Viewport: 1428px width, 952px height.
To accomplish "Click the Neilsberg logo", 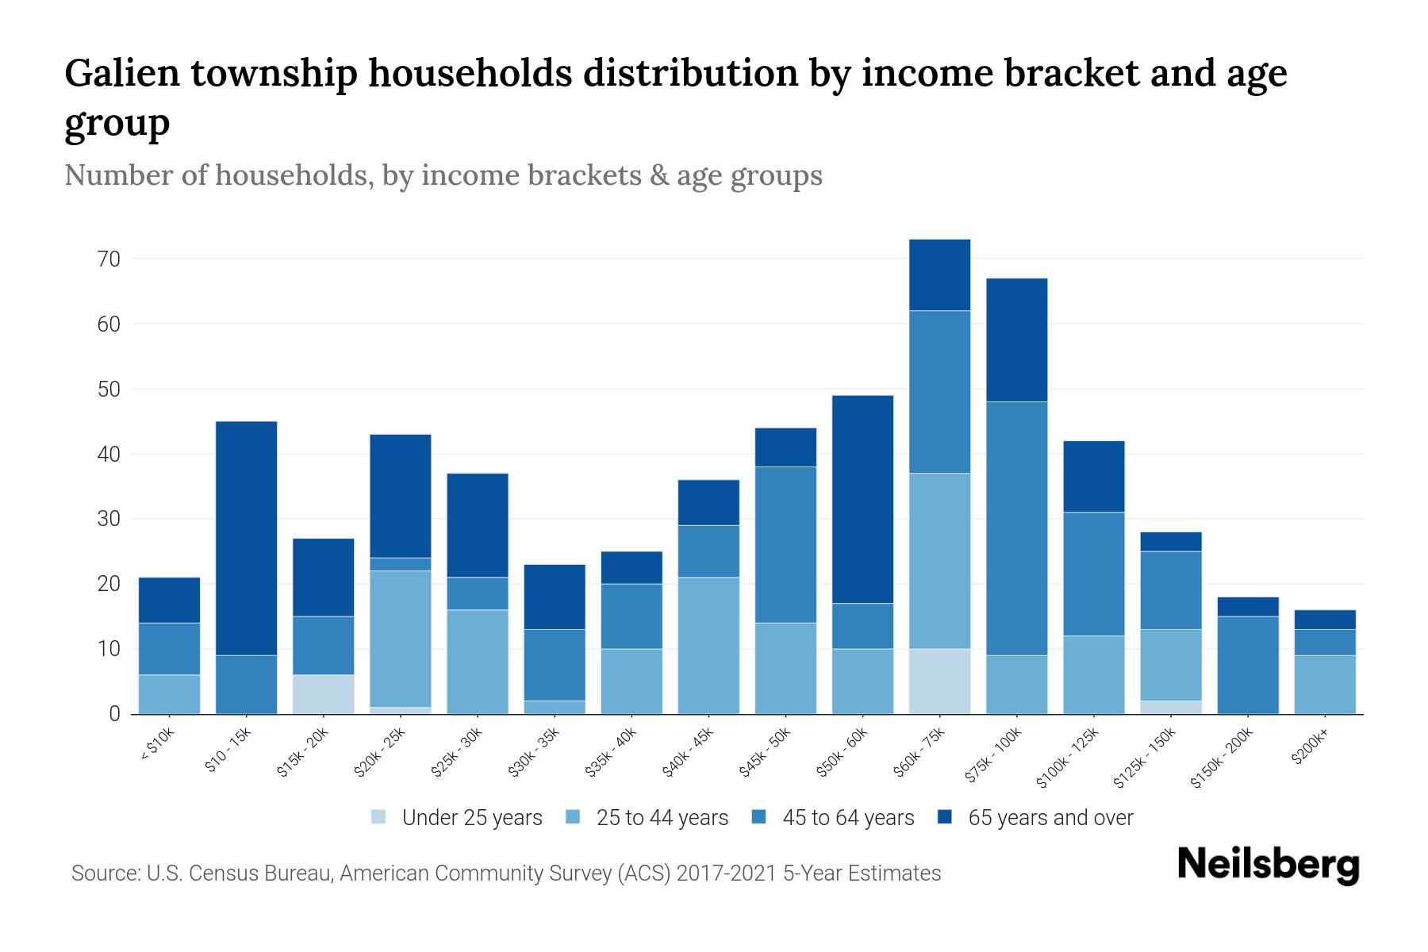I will click(1268, 865).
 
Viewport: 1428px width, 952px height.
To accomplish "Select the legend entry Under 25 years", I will click(471, 818).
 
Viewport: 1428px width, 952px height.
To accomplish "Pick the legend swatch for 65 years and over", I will click(946, 817).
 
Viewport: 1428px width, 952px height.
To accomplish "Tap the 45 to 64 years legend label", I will click(847, 818).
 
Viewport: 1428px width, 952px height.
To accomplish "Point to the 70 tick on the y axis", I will click(109, 259).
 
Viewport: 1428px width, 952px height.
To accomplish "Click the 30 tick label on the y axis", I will click(109, 519).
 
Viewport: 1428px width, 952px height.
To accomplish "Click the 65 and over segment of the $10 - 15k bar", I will click(246, 538).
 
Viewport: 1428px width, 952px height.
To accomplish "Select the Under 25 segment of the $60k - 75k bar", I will click(939, 681).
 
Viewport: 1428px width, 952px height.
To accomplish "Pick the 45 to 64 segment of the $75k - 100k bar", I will click(1016, 528).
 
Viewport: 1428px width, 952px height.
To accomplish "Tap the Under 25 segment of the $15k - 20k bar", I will click(323, 694).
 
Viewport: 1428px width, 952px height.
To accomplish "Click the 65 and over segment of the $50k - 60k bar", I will click(862, 499).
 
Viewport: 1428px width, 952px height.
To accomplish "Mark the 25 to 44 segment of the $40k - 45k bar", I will click(708, 645).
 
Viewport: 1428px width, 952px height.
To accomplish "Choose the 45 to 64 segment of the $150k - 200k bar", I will click(1247, 665).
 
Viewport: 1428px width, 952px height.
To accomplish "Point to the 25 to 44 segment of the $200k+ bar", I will click(1324, 684).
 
